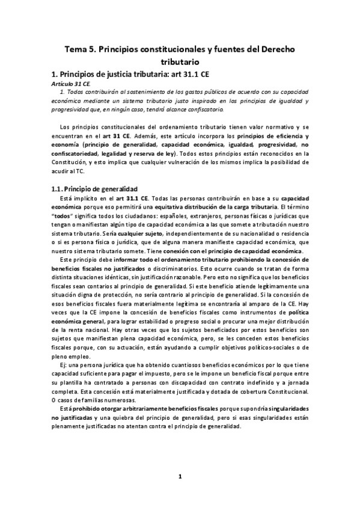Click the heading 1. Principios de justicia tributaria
coord(115,75)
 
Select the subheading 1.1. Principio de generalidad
coord(94,188)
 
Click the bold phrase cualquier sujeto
coord(162,233)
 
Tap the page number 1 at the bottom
coord(180,477)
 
